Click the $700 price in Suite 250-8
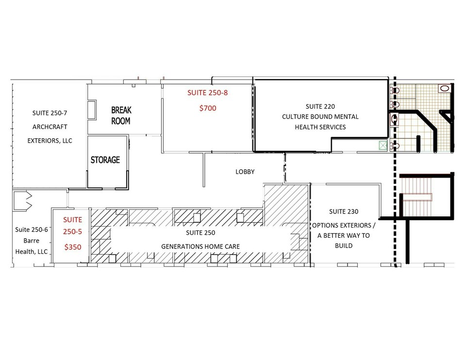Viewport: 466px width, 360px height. [208, 108]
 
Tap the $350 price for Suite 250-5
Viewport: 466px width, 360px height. [73, 247]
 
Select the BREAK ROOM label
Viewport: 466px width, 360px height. [121, 115]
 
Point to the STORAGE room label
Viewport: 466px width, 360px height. [105, 160]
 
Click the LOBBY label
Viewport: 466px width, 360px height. [245, 172]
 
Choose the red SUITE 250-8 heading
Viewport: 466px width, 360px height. [207, 93]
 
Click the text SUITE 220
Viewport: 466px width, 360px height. [320, 106]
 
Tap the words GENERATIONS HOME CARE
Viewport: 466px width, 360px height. [200, 246]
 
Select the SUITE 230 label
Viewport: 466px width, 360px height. [344, 212]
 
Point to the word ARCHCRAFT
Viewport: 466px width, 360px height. [50, 127]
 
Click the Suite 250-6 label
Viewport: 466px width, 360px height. [31, 229]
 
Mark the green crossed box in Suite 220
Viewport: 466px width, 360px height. [383, 146]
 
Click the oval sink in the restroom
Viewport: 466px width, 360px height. [444, 88]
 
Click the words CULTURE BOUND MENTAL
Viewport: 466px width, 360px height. [320, 117]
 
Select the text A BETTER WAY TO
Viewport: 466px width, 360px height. [344, 235]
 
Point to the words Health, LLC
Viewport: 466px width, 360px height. [31, 252]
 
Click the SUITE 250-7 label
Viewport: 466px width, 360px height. [50, 113]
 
